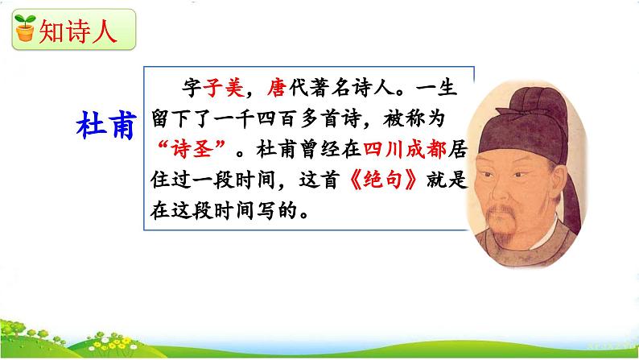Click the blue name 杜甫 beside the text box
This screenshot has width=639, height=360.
coord(106,125)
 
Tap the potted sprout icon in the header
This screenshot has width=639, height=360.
coord(25,27)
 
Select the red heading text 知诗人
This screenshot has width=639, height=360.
coord(78,31)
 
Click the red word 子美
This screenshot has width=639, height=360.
coord(224,87)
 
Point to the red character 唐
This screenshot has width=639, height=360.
coord(277,87)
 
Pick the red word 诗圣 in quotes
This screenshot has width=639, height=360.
coord(192,149)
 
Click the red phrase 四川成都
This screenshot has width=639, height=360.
coord(405,149)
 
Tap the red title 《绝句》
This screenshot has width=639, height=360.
coord(382,180)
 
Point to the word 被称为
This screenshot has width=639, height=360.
coord(413,118)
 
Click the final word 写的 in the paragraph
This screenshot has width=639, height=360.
coord(276,210)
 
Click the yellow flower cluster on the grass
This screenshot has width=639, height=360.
coord(110,345)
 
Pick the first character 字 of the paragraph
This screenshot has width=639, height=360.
coord(192,87)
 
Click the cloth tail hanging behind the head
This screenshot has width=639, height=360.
coord(571,196)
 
